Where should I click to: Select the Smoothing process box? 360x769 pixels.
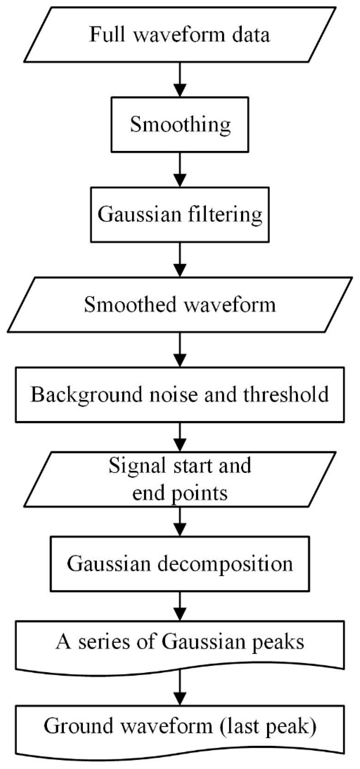180,125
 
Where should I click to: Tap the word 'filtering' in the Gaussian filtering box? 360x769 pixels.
225,215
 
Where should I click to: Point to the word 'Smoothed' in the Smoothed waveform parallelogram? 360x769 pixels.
130,305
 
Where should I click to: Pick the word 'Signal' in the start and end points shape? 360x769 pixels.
137,466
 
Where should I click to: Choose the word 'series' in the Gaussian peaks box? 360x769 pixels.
104,642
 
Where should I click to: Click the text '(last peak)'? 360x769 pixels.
268,726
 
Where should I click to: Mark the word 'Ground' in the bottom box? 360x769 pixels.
79,726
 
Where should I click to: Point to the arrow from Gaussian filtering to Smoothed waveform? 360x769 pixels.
180,260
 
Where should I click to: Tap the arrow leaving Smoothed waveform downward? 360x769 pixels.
180,350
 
